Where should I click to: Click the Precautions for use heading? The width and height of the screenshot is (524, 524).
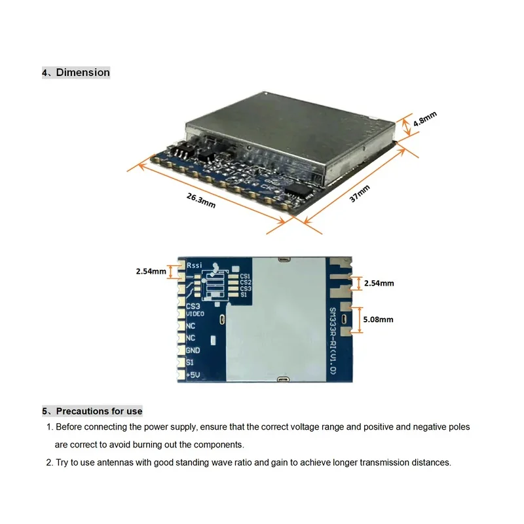pyautogui.click(x=99, y=411)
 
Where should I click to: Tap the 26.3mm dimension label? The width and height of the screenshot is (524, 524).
pyautogui.click(x=200, y=200)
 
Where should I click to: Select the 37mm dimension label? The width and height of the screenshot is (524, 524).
pyautogui.click(x=360, y=194)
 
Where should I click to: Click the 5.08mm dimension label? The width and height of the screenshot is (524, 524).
pyautogui.click(x=378, y=320)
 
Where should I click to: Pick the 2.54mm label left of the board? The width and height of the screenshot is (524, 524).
pyautogui.click(x=151, y=271)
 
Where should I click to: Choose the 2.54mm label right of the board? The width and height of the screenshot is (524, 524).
pyautogui.click(x=379, y=283)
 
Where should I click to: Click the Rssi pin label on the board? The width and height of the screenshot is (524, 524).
pyautogui.click(x=195, y=265)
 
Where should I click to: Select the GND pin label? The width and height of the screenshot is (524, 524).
pyautogui.click(x=193, y=350)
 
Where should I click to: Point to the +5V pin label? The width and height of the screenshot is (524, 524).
pyautogui.click(x=193, y=374)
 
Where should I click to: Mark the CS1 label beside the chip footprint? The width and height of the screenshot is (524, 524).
pyautogui.click(x=245, y=276)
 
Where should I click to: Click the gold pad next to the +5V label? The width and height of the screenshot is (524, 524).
pyautogui.click(x=181, y=375)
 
